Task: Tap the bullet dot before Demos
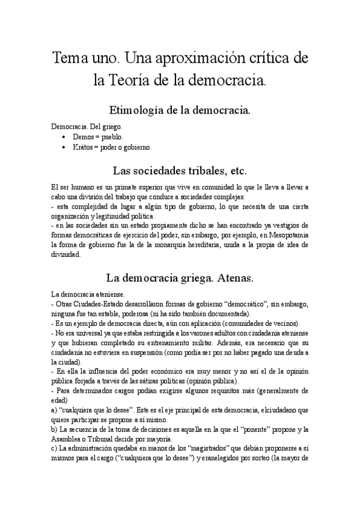[x=64, y=137]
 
